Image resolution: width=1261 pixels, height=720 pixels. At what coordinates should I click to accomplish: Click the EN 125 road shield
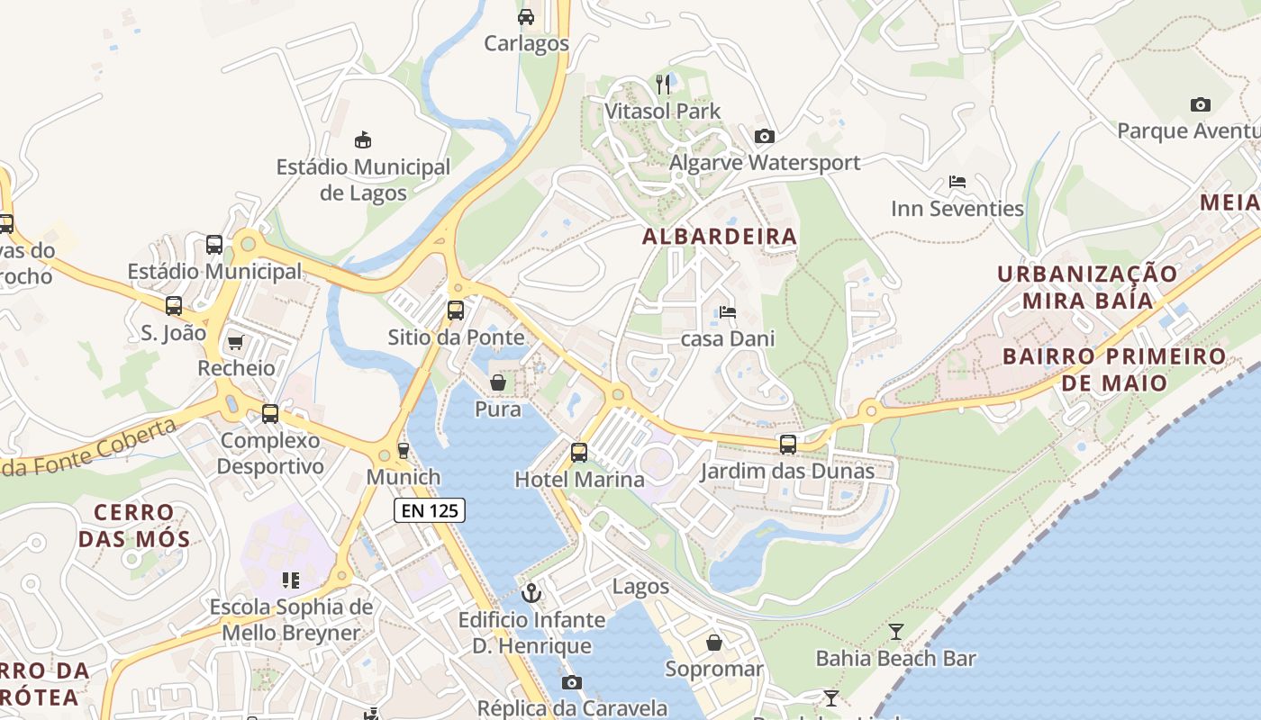[x=430, y=511]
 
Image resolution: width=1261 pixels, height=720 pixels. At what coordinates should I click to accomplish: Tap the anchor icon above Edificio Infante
[x=531, y=593]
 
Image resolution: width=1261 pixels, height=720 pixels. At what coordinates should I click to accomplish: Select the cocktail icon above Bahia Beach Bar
[x=895, y=631]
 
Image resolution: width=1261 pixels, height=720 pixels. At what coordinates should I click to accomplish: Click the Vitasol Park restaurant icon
[x=664, y=85]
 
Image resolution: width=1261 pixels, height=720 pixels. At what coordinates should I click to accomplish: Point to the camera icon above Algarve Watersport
[x=764, y=136]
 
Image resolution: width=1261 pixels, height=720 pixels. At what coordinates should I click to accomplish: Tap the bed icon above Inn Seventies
[x=957, y=182]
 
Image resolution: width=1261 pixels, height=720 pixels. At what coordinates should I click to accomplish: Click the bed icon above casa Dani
[x=728, y=312]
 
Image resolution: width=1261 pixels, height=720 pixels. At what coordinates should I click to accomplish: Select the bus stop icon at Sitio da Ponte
[x=456, y=310]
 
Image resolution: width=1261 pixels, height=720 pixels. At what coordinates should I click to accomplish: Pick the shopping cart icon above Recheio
[x=236, y=342]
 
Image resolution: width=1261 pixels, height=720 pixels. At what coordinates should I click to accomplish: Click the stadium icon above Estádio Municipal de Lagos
[x=363, y=139]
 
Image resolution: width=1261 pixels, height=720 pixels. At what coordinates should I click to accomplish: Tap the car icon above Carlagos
[x=526, y=16]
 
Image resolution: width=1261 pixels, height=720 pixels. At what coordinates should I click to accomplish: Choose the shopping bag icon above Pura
[x=497, y=382]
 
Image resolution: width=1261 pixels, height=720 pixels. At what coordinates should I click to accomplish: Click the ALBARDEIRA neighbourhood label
[x=720, y=237]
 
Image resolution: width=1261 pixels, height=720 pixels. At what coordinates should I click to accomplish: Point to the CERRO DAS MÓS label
[x=134, y=526]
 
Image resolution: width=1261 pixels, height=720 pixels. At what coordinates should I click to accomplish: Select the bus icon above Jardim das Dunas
[x=788, y=444]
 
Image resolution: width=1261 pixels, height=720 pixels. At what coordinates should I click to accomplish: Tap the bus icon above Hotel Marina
[x=579, y=452]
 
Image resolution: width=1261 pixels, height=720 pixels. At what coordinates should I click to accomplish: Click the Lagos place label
[x=640, y=587]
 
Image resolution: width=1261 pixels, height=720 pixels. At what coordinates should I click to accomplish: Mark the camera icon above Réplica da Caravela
[x=572, y=682]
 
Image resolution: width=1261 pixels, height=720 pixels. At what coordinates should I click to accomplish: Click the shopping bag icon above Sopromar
[x=714, y=643]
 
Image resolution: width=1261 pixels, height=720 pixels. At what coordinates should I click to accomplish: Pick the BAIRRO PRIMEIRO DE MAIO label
[x=1114, y=369]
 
